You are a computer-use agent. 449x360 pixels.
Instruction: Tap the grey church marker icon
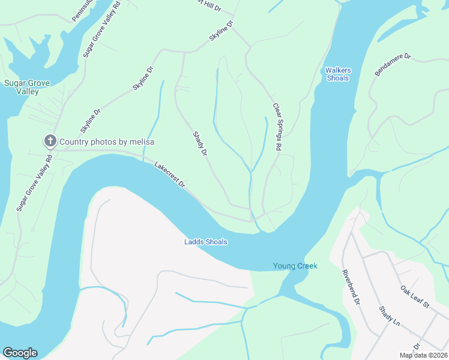coord(49,142)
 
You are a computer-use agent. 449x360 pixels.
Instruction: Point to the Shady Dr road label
coord(200,145)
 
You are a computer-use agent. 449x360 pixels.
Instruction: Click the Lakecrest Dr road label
coord(169,175)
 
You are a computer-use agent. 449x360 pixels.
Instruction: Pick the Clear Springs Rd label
coord(277,127)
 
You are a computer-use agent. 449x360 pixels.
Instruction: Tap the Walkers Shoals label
coord(338,74)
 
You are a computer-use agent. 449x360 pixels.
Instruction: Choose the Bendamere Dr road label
coord(392,65)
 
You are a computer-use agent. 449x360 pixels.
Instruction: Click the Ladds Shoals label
coord(205,242)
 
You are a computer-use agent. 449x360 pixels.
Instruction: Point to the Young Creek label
coord(295,266)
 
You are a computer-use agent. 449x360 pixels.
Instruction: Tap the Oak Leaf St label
coord(415,298)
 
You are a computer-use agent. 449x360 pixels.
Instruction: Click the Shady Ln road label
coord(389,316)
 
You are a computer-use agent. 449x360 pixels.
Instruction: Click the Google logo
coord(20,353)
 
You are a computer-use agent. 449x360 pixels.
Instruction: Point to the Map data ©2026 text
coord(423,355)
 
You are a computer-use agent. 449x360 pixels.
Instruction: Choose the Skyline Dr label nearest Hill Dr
coord(220,32)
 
